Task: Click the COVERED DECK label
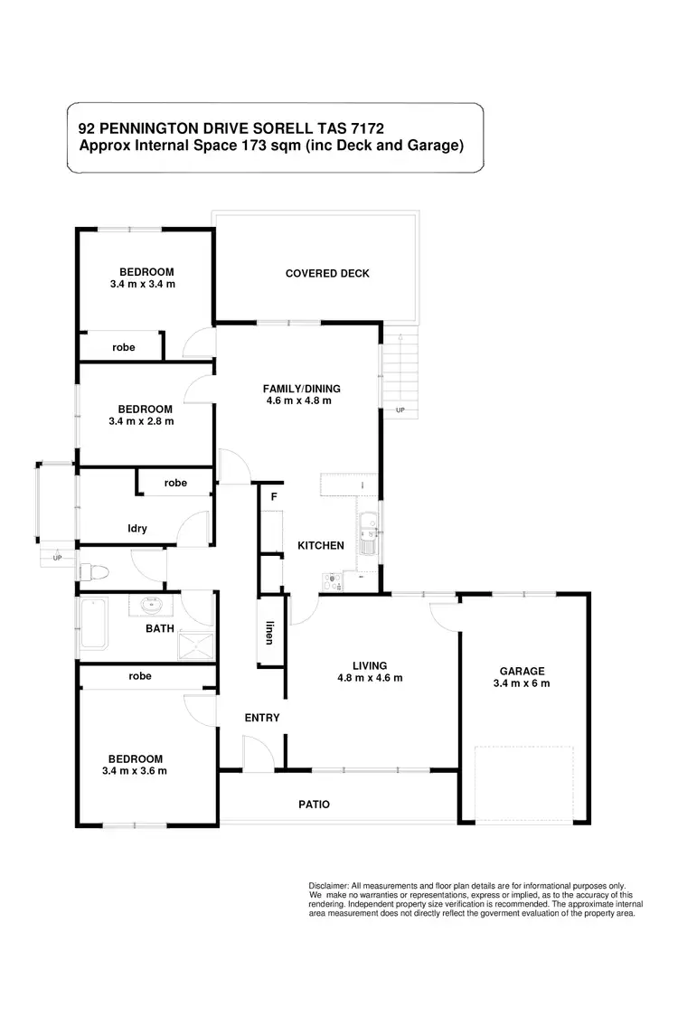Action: click(326, 273)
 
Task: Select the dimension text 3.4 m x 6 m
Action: click(523, 683)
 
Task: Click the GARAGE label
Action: click(523, 671)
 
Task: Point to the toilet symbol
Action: click(95, 571)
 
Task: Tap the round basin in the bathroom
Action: click(153, 605)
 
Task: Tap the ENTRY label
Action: click(262, 718)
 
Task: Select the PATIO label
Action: click(315, 804)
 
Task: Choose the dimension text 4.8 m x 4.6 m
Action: click(370, 678)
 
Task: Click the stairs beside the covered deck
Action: click(400, 371)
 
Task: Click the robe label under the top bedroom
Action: click(124, 347)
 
